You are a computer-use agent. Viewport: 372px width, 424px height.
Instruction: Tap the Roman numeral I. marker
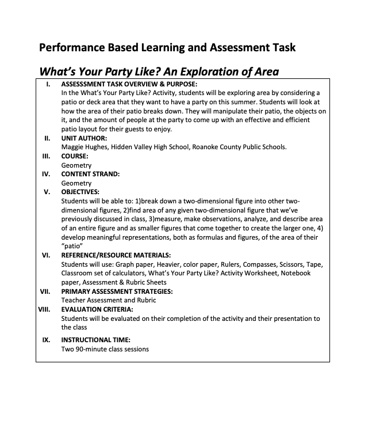pos(48,84)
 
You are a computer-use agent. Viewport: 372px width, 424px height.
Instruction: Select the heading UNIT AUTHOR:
pos(84,139)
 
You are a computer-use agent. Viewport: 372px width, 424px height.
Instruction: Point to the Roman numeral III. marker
pos(47,156)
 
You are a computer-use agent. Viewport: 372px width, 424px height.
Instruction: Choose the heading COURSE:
pos(75,156)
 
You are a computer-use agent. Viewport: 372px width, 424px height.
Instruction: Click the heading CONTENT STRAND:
pos(90,174)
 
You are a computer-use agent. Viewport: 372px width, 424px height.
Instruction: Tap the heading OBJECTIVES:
pos(80,192)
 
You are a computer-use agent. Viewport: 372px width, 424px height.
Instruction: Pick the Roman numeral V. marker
pos(47,192)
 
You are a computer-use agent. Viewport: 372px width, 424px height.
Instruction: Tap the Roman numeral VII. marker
pos(46,291)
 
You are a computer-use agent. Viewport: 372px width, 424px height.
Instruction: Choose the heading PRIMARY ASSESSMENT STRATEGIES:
pos(117,291)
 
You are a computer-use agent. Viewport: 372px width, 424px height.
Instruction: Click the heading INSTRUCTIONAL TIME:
pos(95,339)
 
